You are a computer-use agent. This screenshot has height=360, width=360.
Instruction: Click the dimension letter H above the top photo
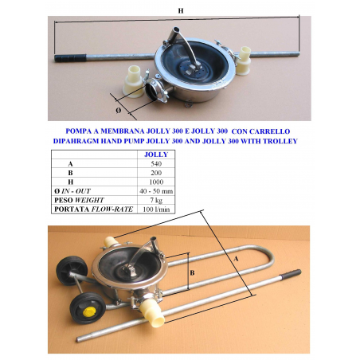[x=181, y=10]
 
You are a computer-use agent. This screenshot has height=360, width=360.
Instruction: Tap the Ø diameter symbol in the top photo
[x=119, y=110]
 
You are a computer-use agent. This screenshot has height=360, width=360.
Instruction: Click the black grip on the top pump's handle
[x=70, y=58]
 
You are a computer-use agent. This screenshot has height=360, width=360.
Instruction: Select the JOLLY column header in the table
[x=156, y=155]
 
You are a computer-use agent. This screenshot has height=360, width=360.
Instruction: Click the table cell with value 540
[x=156, y=164]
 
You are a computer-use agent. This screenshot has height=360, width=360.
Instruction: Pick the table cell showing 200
[x=156, y=173]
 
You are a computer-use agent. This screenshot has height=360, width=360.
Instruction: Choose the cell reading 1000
[x=156, y=182]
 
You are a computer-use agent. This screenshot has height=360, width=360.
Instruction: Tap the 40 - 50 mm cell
[x=156, y=191]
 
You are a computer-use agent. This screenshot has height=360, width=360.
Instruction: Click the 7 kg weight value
[x=156, y=200]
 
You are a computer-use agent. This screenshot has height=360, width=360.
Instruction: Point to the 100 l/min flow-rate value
[x=156, y=209]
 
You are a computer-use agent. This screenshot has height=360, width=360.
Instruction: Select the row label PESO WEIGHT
[x=79, y=200]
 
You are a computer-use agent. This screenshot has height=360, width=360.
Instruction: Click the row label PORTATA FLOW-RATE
[x=93, y=209]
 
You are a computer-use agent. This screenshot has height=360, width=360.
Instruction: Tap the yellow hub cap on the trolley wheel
[x=89, y=311]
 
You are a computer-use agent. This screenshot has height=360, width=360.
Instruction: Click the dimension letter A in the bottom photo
[x=236, y=258]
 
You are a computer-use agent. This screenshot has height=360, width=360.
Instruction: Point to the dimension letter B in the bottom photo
[x=193, y=272]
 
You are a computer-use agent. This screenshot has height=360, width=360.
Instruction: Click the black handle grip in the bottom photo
[x=292, y=274]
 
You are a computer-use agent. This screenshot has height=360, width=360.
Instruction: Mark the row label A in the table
[x=70, y=164]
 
